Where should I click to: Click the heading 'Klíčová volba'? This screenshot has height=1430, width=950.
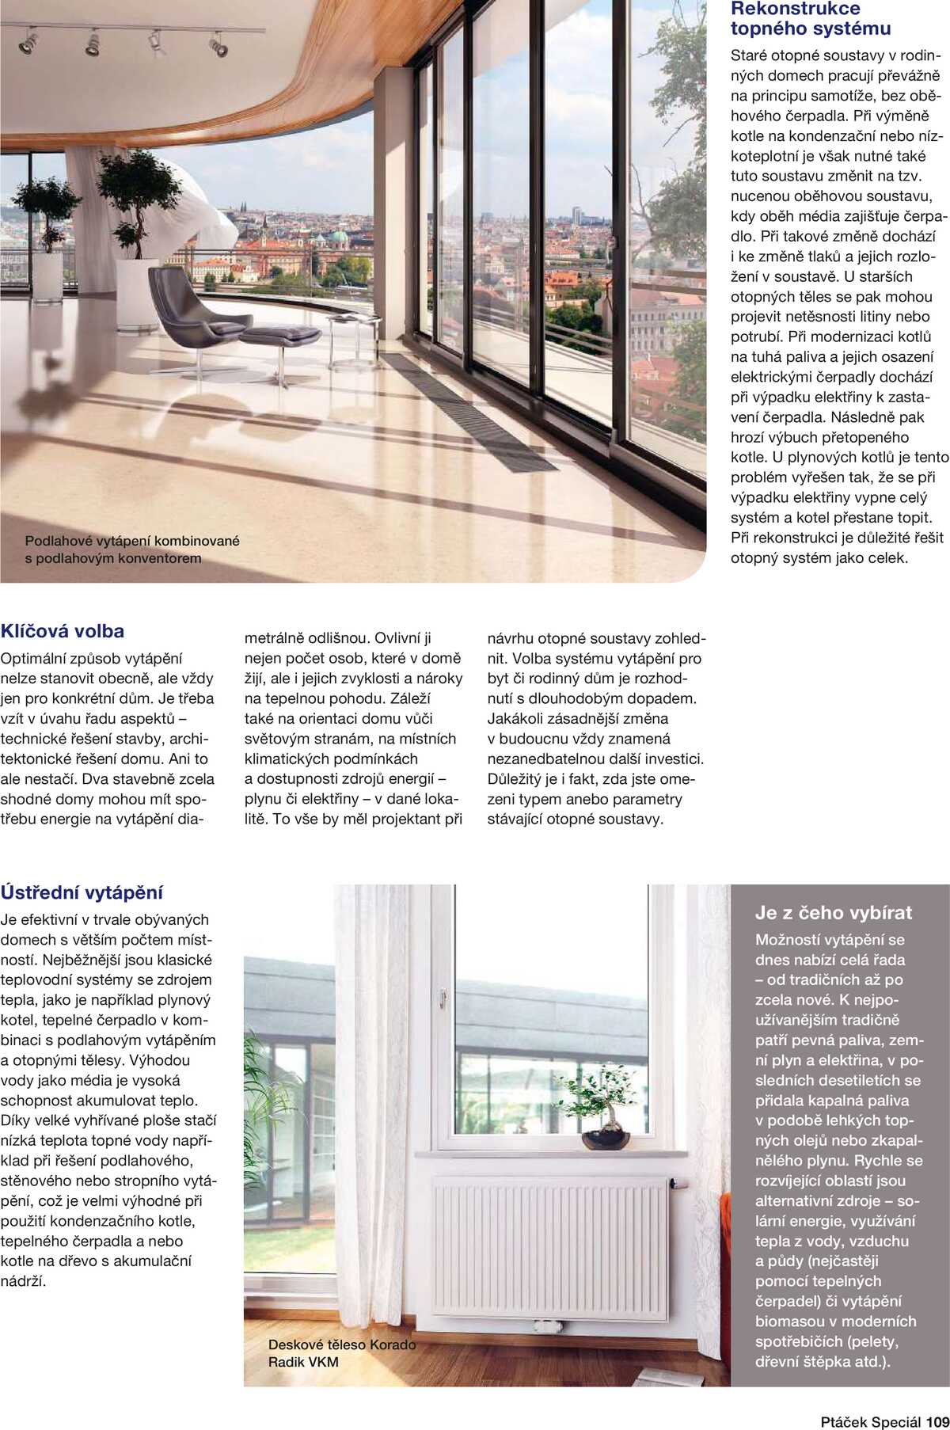point(63,631)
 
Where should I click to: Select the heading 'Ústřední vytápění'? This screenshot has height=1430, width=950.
point(82,892)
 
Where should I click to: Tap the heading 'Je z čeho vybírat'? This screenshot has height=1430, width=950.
point(833,912)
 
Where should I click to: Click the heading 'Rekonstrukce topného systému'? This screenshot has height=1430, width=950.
point(810,19)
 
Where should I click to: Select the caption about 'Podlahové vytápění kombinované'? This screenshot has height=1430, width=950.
point(131,550)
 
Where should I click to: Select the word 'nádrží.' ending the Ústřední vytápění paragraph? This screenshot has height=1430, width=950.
point(24,1281)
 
